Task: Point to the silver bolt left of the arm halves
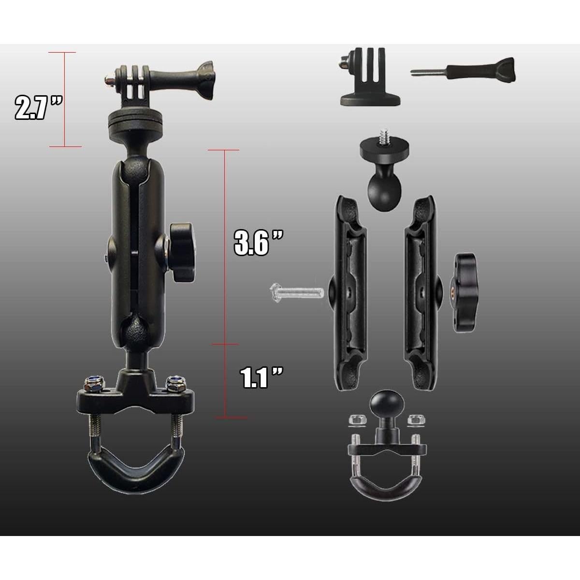click(296, 291)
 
